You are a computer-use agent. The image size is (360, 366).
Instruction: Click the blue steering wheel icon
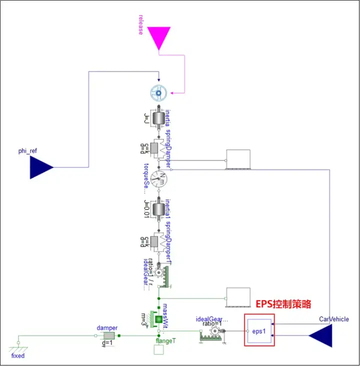159,92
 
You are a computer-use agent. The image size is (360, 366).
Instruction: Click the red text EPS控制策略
283,304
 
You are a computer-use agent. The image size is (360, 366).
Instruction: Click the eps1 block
258,330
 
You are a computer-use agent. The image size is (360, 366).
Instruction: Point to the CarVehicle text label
334,319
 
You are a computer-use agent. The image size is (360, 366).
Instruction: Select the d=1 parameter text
107,343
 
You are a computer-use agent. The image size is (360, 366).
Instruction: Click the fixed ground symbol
18,345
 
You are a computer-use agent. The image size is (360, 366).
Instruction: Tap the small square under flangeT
158,350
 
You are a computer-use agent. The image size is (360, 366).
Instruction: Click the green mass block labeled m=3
158,319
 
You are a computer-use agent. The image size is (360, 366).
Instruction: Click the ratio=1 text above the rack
212,323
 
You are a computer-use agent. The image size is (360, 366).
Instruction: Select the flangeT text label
166,340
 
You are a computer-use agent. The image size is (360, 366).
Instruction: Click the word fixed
18,356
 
